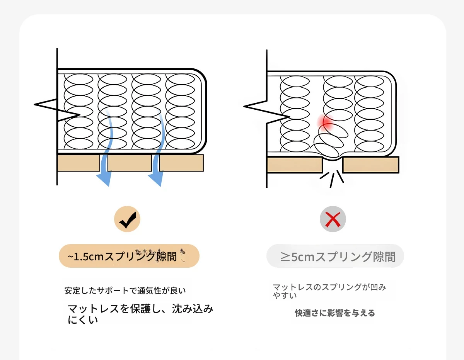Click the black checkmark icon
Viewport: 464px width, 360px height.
(127, 219)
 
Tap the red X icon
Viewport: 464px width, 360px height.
(333, 219)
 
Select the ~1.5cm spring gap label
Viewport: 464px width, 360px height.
(129, 256)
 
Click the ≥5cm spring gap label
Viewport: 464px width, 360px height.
(335, 256)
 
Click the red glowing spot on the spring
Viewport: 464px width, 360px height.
(326, 122)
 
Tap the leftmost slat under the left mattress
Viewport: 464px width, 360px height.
(78, 163)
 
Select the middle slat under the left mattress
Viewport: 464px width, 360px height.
(130, 163)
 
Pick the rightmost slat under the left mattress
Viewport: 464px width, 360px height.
(181, 163)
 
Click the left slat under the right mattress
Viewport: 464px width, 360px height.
(295, 165)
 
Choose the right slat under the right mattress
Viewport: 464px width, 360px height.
(370, 165)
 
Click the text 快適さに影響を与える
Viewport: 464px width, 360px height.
(335, 313)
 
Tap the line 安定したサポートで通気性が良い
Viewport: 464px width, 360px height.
(128, 290)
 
